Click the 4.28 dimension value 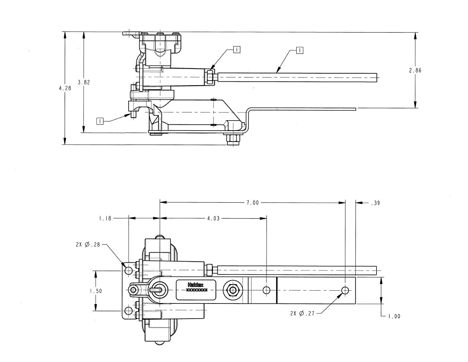[x=65, y=88]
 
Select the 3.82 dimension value [x=84, y=82]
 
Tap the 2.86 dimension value [x=415, y=70]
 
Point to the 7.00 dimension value [x=253, y=203]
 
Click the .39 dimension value [x=375, y=203]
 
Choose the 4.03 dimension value [x=213, y=219]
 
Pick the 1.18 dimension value [x=105, y=219]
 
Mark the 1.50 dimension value [x=96, y=291]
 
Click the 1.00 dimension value [x=394, y=316]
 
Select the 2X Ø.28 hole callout [x=88, y=245]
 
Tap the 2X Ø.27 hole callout [x=303, y=314]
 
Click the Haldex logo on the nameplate [x=195, y=285]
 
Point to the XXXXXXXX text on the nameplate [x=197, y=290]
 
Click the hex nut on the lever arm [x=233, y=290]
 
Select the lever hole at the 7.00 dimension [x=345, y=290]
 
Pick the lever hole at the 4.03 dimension [x=267, y=290]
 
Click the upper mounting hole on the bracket [x=129, y=270]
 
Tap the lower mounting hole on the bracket [x=129, y=311]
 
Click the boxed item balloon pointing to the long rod [x=299, y=50]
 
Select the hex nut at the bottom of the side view [x=233, y=140]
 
